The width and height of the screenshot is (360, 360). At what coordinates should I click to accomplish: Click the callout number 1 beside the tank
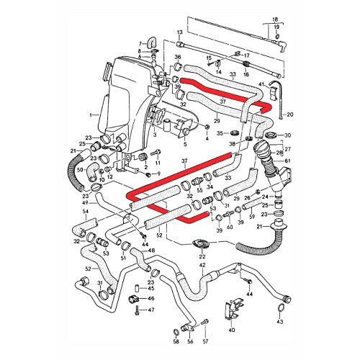click(91, 115)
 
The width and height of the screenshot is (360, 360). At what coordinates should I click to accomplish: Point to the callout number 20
click(290, 114)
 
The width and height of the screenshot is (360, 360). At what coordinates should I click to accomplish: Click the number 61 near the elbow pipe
click(286, 161)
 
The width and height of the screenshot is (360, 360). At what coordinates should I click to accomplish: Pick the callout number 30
click(287, 135)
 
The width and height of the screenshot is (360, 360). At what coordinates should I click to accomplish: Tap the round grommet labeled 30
click(271, 135)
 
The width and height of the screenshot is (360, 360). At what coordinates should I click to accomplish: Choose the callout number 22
click(202, 258)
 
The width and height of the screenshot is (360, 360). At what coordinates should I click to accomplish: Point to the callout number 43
click(279, 320)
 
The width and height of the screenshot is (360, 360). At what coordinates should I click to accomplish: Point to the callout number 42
click(202, 266)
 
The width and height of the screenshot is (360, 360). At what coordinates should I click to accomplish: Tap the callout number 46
click(151, 298)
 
